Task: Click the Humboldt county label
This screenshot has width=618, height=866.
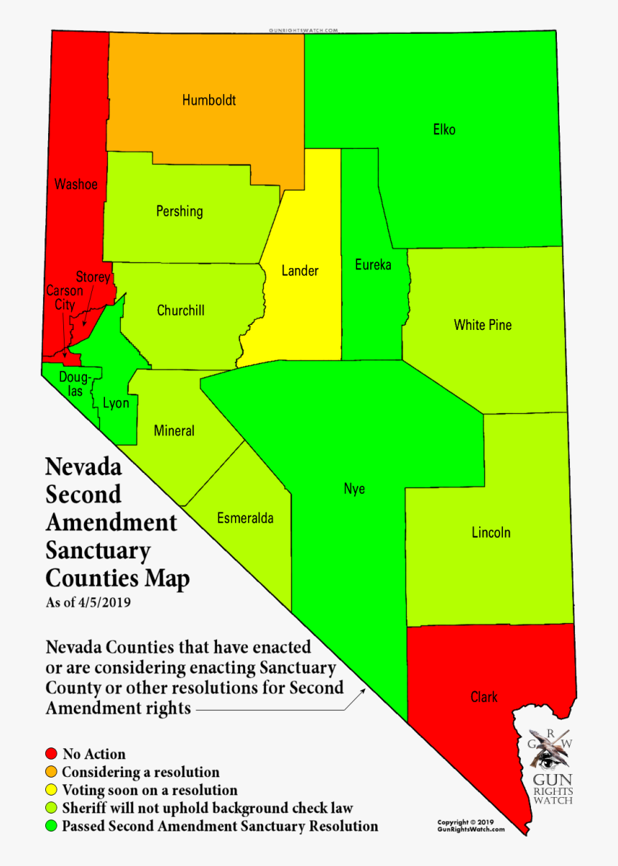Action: tap(208, 101)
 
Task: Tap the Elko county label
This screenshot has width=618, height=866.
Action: tap(444, 130)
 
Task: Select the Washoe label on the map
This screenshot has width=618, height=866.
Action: tap(75, 185)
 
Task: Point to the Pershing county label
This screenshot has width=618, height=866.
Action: tap(180, 211)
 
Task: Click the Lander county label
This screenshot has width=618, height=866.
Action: tap(300, 271)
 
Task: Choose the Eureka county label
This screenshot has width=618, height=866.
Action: tap(373, 265)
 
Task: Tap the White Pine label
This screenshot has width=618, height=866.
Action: tap(483, 325)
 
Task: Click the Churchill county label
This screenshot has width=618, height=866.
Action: tap(180, 310)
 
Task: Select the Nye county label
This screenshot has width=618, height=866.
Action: tap(354, 489)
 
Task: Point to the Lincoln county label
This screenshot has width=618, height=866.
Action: tap(491, 533)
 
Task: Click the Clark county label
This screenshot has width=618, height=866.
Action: tap(484, 696)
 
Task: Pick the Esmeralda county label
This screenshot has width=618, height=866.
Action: tap(245, 518)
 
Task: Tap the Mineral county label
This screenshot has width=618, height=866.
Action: tap(174, 431)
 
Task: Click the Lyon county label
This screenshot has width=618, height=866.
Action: tap(116, 403)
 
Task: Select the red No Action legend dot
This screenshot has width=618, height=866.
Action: tap(50, 754)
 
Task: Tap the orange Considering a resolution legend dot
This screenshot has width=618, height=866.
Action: tap(50, 773)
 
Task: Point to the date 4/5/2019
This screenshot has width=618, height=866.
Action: tap(108, 602)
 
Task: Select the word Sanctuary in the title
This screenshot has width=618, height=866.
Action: tap(98, 551)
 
